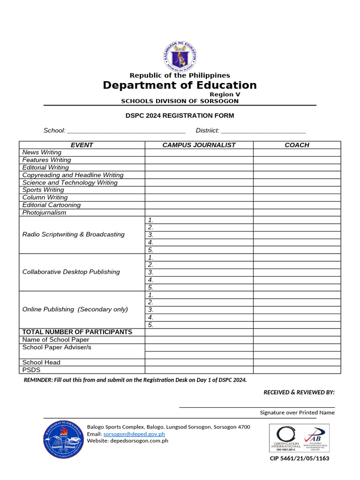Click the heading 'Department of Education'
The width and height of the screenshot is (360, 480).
pos(180,85)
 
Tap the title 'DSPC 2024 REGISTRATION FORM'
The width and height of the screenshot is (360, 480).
pos(180,116)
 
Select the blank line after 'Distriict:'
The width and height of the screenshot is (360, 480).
pos(263,131)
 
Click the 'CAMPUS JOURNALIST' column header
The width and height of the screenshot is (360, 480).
pos(199,145)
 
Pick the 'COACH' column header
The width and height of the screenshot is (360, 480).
pos(297,145)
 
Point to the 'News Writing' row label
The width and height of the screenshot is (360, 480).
pos(42,152)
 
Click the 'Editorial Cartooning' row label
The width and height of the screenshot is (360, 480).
pos(52,205)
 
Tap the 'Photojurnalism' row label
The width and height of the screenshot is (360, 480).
pos(44,212)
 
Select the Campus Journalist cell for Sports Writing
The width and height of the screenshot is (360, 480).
pos(199,190)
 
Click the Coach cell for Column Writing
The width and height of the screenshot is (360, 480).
pos(297,197)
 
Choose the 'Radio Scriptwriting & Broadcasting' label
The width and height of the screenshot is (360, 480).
pos(74,234)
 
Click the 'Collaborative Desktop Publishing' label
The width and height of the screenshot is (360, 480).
pos(71,272)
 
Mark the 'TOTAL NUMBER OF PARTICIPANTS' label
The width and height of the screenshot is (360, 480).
pos(77,332)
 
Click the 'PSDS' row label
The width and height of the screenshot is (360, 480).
pos(31,370)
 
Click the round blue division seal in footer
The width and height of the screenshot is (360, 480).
pos(63,440)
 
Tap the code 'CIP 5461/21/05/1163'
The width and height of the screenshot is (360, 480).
pos(299,458)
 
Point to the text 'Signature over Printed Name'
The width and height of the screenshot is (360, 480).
pos(297,412)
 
